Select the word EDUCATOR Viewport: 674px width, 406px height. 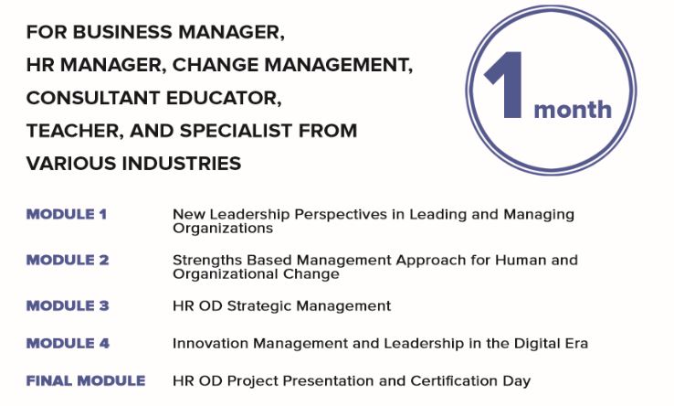pos(224,98)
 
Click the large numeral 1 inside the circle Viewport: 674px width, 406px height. pos(505,85)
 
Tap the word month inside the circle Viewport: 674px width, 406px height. pos(572,110)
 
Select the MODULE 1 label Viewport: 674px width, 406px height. pos(66,214)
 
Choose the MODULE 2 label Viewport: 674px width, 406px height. pos(68,260)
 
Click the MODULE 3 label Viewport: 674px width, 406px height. pos(68,305)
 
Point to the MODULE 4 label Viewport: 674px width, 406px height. pos(68,343)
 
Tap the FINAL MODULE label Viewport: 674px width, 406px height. pos(86,380)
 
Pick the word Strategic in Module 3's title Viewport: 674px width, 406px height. pos(259,306)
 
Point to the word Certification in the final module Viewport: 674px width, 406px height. pos(453,381)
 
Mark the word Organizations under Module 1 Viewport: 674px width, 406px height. pos(223,229)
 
